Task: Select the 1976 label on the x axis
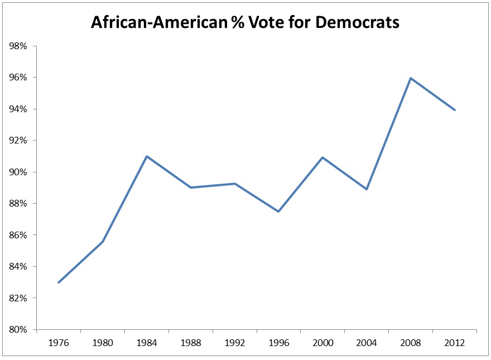[59, 342]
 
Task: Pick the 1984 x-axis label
[147, 342]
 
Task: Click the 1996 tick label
[278, 342]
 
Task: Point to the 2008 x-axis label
[411, 342]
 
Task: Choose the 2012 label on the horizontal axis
[455, 342]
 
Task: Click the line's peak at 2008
[411, 78]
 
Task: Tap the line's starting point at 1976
[59, 282]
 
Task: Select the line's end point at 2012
[455, 110]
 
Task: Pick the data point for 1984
[146, 156]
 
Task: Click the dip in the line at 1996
[278, 212]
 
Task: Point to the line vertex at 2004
[367, 189]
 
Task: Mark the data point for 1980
[103, 242]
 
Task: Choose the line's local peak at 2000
[322, 157]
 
